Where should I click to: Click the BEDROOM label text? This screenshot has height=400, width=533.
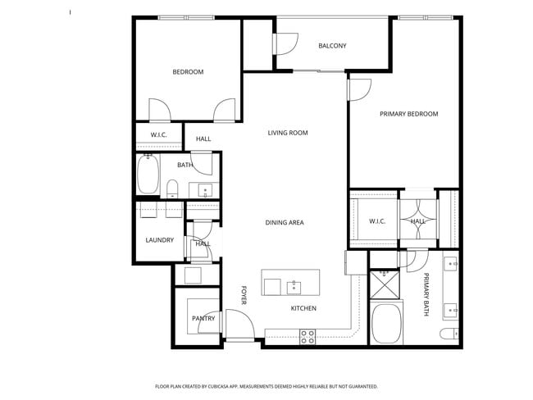click(188, 72)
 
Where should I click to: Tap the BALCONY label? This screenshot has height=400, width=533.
click(332, 46)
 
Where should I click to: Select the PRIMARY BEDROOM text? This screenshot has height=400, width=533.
click(408, 114)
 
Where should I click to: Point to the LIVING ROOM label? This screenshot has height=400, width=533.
click(287, 132)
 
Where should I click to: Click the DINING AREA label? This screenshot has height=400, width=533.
click(285, 222)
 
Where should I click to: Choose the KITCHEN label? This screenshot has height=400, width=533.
click(303, 308)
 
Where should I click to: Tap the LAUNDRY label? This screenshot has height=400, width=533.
click(159, 240)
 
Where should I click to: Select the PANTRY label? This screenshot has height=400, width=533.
click(203, 318)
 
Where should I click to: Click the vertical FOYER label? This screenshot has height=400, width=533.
click(244, 296)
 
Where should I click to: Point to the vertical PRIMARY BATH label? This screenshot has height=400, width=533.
click(426, 294)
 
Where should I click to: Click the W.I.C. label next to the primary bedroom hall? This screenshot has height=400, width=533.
click(377, 221)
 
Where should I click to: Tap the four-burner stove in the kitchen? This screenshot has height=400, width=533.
click(307, 336)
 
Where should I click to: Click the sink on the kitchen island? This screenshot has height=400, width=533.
click(294, 286)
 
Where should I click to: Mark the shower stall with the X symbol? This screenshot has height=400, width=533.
click(383, 285)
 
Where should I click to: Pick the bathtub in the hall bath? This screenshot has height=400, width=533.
click(148, 174)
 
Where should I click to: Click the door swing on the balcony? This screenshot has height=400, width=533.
click(286, 43)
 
